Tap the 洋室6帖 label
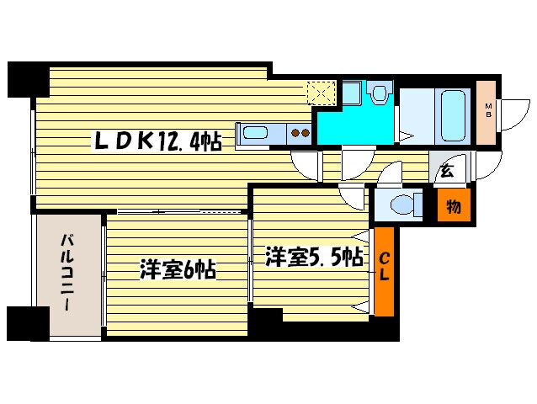pyautogui.click(x=178, y=270)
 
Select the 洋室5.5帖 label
pyautogui.click(x=315, y=256)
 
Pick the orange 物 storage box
pyautogui.click(x=453, y=206)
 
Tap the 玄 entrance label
pyautogui.click(x=448, y=172)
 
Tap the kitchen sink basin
pyautogui.click(x=253, y=133)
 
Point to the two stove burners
pyautogui.click(x=300, y=132)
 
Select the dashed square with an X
pyautogui.click(x=322, y=92)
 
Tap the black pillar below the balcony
pyautogui.click(x=26, y=324)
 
